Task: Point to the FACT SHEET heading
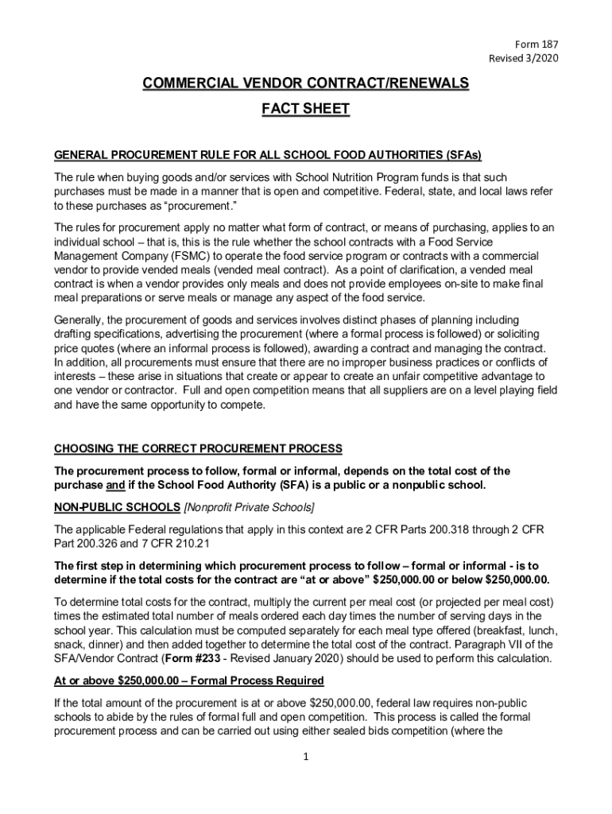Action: [306, 109]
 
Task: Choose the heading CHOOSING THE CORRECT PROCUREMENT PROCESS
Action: [198, 448]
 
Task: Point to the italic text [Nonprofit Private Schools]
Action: [249, 507]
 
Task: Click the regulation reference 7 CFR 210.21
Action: [161, 543]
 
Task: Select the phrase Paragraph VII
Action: [510, 644]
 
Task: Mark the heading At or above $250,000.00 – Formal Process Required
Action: [188, 680]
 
